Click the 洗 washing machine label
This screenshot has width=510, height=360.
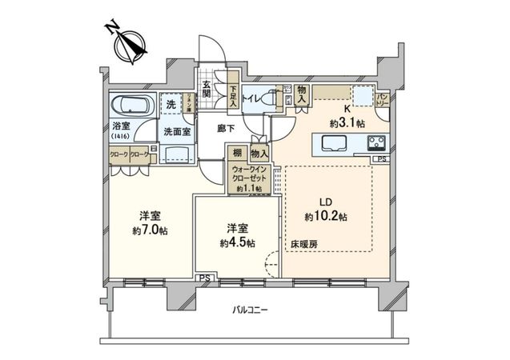click(x=170, y=103)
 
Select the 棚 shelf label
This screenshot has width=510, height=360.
click(x=238, y=151)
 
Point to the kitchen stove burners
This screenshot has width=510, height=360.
click(x=376, y=145)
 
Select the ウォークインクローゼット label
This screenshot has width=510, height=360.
click(x=250, y=175)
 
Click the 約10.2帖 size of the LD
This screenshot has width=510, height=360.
click(x=325, y=217)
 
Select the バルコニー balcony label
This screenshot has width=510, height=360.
click(x=250, y=310)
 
